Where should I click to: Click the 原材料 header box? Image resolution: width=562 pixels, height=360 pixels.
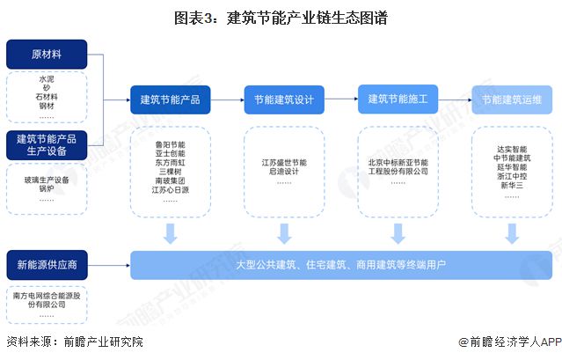pos(47,55)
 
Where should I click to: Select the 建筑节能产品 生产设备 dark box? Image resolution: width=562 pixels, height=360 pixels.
pos(47,145)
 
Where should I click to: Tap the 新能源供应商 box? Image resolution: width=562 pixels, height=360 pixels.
pos(47,264)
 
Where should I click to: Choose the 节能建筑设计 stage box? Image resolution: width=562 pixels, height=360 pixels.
pos(284,99)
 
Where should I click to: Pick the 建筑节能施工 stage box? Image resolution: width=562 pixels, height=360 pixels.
pos(398,99)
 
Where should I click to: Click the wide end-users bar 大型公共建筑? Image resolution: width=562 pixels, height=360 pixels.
pos(341,264)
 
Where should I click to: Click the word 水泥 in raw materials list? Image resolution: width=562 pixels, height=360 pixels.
pos(47,79)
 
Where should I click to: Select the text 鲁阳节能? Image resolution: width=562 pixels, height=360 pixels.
pos(170,142)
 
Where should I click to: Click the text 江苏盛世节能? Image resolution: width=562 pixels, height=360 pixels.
pos(283,162)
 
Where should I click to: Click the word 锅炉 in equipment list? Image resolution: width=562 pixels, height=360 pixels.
pos(47,189)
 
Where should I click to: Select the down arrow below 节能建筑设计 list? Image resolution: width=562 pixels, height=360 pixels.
pos(284,233)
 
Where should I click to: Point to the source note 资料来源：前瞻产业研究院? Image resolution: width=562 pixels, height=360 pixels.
pos(74,343)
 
